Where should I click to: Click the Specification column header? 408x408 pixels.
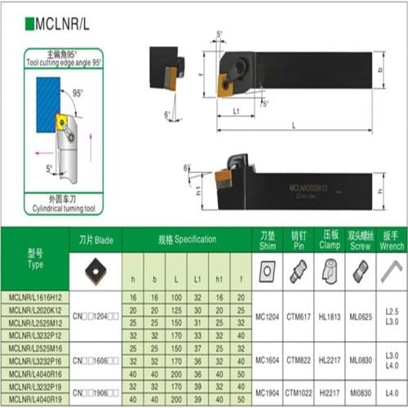click(187, 239)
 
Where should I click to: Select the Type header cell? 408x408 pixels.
click(34, 258)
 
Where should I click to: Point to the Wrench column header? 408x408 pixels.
click(391, 240)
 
